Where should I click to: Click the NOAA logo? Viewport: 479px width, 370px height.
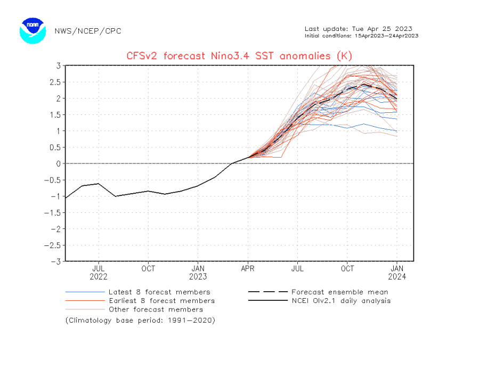point(33,30)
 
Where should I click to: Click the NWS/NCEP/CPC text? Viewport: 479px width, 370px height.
point(88,31)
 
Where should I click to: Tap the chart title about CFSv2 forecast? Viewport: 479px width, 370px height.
point(239,55)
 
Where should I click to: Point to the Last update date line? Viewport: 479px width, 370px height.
point(358,29)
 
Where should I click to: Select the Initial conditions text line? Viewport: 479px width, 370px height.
point(361,36)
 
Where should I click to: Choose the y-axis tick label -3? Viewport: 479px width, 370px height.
point(55,261)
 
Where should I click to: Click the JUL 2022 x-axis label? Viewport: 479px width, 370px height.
point(99,273)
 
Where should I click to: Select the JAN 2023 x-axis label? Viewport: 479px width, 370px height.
point(198,273)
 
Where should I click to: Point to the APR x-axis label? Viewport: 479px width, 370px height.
point(248,269)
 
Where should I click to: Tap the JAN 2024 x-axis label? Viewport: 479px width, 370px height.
point(397,273)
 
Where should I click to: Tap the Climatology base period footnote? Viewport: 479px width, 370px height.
point(140,320)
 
